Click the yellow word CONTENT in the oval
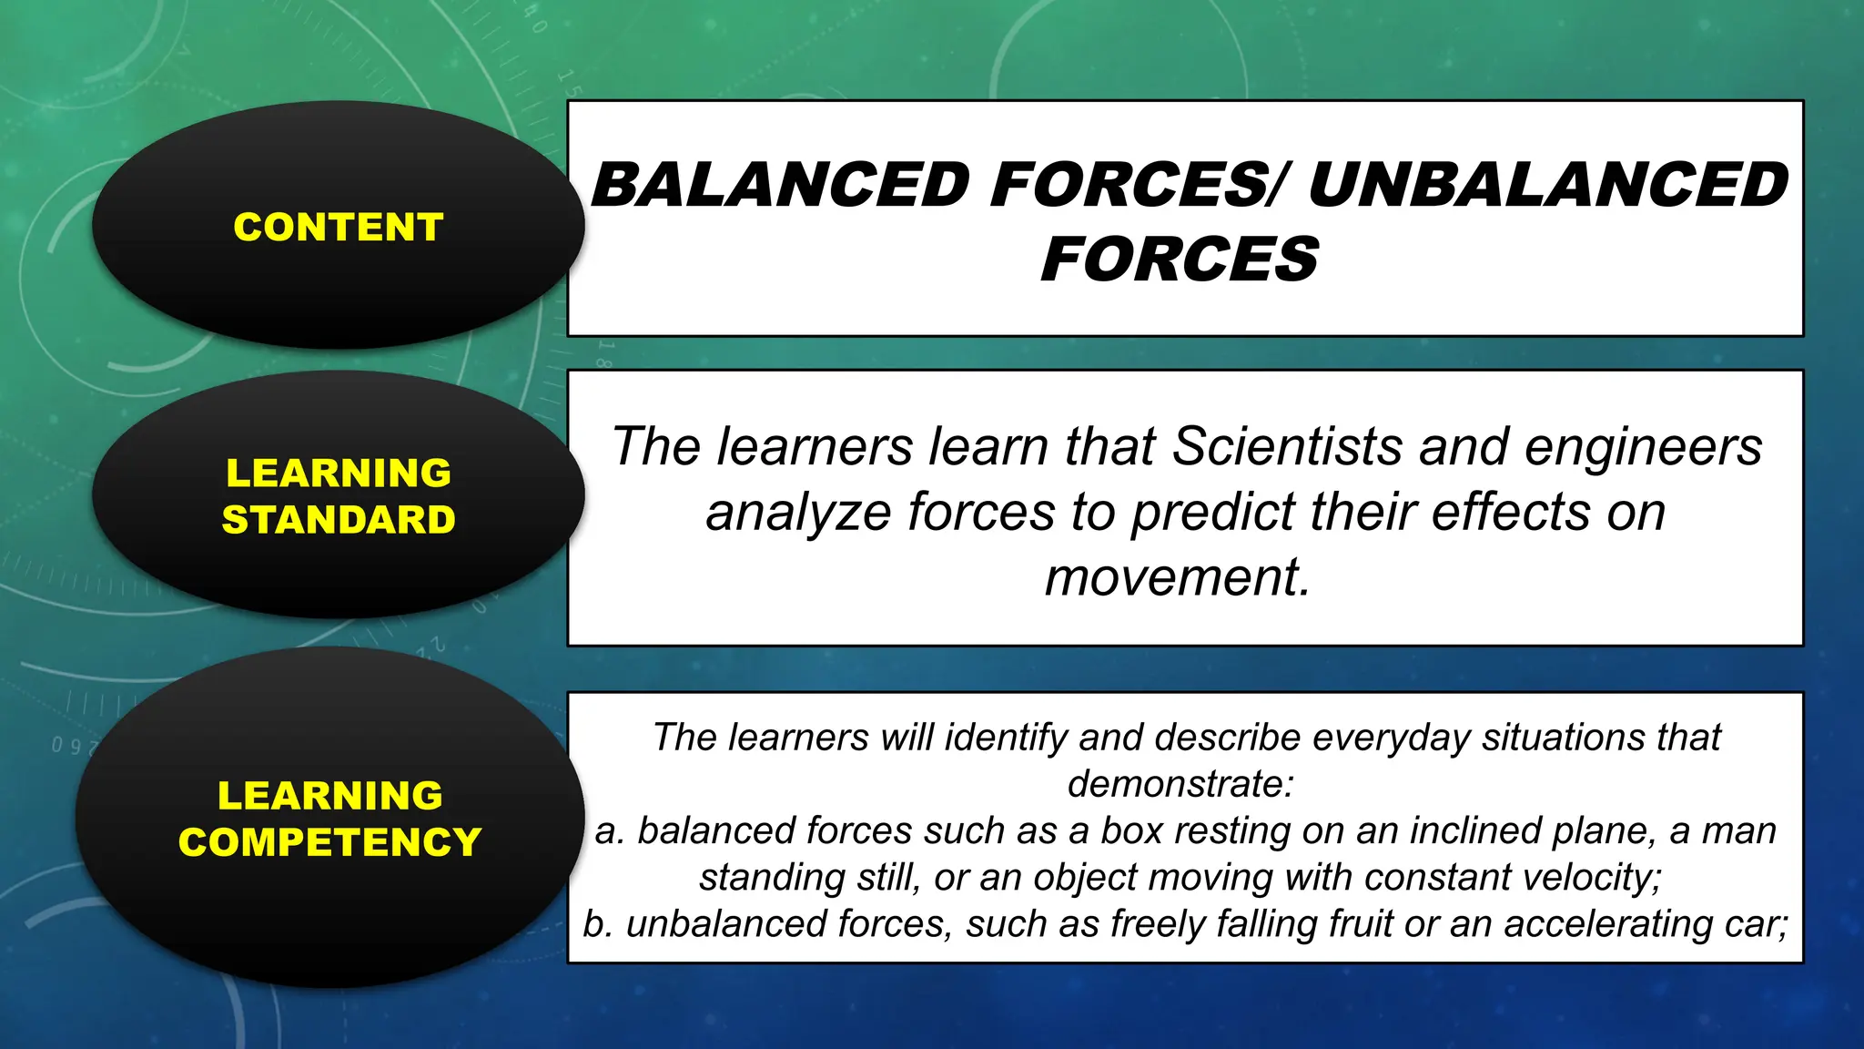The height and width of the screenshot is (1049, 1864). [339, 228]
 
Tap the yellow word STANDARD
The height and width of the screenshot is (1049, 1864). [339, 520]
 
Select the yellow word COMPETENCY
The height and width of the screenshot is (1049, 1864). [329, 842]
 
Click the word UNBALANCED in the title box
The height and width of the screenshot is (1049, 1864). [1548, 185]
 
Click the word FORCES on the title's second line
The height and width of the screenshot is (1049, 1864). [1180, 260]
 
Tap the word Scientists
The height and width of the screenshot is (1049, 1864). [1287, 447]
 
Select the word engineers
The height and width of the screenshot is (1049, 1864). [1643, 447]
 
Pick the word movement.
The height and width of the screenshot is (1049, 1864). [1177, 577]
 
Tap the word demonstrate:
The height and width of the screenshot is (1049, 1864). [1180, 784]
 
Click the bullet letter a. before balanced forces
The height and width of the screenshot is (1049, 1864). [609, 831]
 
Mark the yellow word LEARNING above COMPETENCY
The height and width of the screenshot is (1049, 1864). [329, 796]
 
